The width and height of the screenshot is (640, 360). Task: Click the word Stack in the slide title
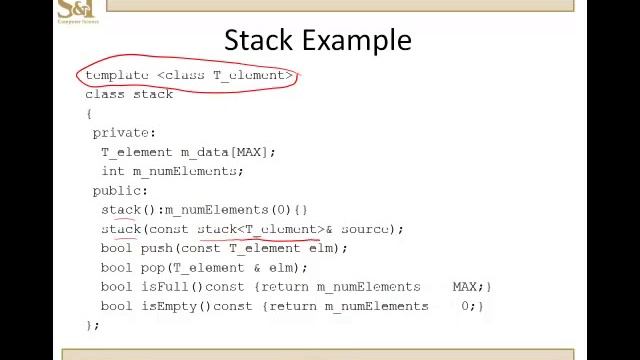click(x=257, y=40)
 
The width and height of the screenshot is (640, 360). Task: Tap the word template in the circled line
click(x=117, y=75)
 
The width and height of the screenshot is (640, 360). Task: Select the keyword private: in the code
click(x=124, y=132)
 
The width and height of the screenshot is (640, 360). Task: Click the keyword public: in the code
click(x=120, y=190)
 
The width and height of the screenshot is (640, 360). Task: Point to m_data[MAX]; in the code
click(x=227, y=152)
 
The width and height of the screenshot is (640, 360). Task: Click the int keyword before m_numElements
click(x=112, y=171)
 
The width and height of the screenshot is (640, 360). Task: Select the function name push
click(x=156, y=248)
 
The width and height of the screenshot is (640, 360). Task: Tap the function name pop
click(x=152, y=267)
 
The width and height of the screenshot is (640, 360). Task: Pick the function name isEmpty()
click(x=176, y=306)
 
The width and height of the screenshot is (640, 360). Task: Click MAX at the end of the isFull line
click(x=464, y=287)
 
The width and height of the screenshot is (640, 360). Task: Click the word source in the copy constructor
click(x=364, y=229)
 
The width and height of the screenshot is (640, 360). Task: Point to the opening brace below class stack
click(x=88, y=113)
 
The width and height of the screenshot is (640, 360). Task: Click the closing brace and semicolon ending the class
click(x=91, y=324)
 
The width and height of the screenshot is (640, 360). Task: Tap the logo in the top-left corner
click(x=76, y=11)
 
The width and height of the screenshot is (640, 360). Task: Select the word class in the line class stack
click(x=105, y=94)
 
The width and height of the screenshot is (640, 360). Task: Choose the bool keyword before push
click(x=116, y=248)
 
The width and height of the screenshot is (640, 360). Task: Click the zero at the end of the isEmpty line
click(x=467, y=306)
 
